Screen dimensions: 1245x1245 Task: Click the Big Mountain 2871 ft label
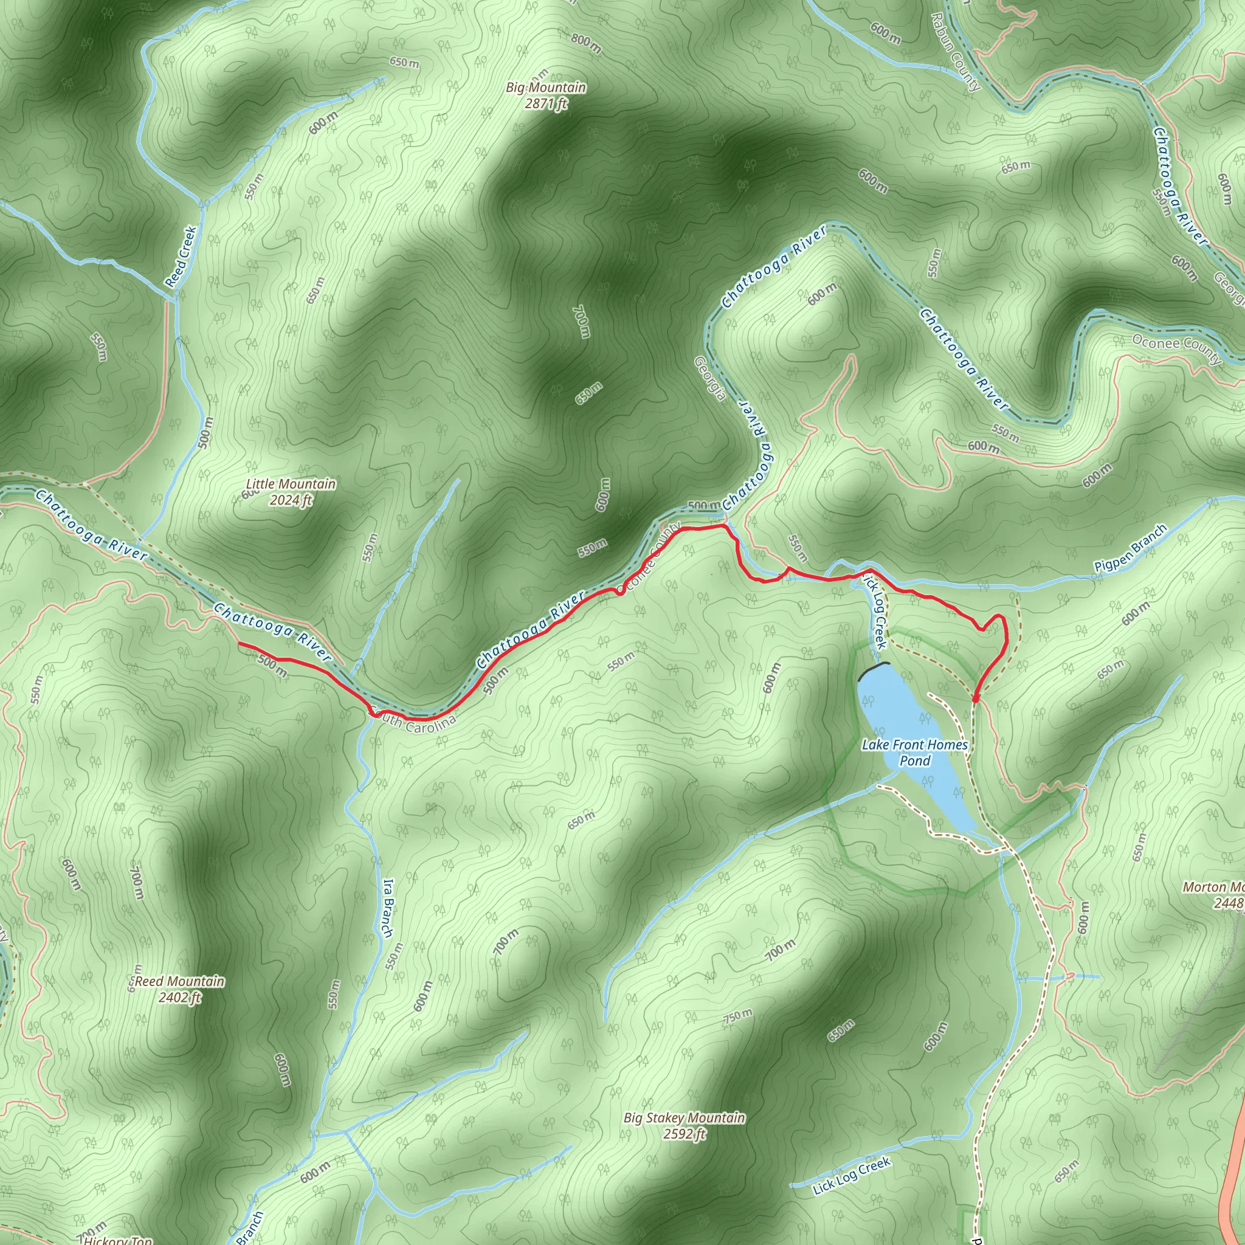click(546, 95)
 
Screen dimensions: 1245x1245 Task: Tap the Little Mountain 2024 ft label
click(291, 492)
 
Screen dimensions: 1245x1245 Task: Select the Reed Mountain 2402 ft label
click(180, 989)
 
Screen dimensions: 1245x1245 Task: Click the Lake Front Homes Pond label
click(914, 753)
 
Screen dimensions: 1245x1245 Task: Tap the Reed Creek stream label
click(181, 256)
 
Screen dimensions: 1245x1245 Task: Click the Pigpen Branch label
click(1130, 548)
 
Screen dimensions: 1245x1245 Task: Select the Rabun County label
click(955, 51)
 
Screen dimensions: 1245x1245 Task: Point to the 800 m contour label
click(585, 43)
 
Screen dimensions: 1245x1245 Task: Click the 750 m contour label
click(738, 1016)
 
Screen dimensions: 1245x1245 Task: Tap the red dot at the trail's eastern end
click(975, 698)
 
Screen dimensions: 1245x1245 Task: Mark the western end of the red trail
click(240, 644)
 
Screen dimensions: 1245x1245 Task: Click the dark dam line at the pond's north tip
click(873, 670)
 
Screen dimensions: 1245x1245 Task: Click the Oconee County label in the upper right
click(1176, 348)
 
